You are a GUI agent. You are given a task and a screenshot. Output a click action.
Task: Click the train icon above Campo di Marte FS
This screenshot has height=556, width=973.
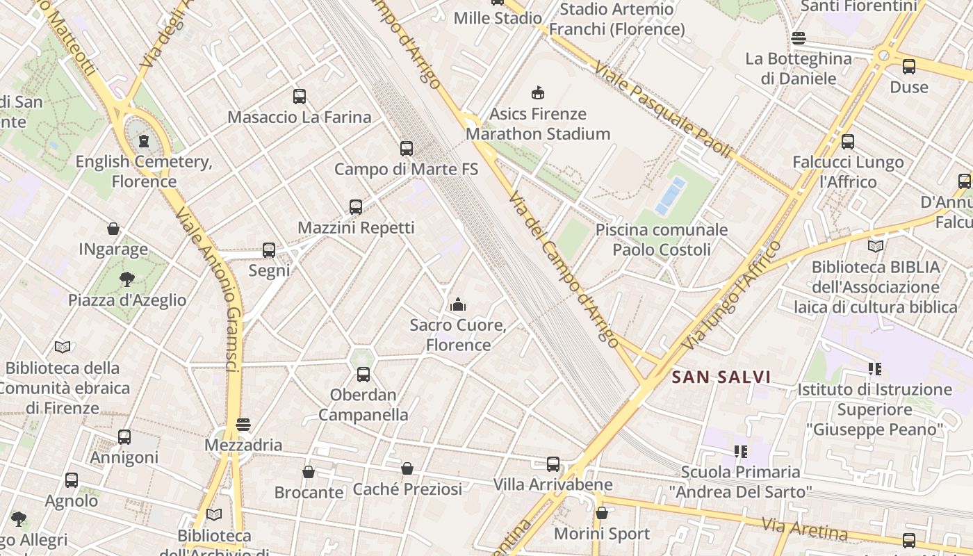coord(407,149)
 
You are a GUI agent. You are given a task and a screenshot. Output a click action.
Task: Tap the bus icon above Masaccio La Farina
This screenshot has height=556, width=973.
coord(300,97)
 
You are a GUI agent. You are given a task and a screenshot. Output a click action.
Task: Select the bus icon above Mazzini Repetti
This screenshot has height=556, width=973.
coord(356,207)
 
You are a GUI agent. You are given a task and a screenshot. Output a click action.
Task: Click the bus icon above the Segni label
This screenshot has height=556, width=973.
coord(269,250)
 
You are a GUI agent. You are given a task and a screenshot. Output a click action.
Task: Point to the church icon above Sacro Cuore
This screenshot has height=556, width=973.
coord(457,304)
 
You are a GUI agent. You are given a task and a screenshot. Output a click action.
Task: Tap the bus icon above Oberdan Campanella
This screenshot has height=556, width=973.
coord(363,375)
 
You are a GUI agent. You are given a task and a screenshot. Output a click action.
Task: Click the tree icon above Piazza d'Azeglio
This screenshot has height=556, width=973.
coord(127,279)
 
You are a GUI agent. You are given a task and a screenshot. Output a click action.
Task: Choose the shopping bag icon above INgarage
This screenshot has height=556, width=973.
coord(113,229)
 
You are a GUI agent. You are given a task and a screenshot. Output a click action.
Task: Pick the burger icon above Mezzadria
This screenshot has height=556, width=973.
coord(243,425)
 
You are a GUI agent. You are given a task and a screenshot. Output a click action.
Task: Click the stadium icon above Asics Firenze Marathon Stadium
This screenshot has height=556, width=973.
coord(538,92)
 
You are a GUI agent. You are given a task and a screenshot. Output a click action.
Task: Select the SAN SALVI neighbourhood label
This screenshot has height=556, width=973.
coord(721,377)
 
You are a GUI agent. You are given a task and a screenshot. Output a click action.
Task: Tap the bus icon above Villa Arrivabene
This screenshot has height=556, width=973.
coord(553,464)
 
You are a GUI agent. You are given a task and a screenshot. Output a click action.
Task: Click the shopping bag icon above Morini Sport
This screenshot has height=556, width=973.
coord(602,513)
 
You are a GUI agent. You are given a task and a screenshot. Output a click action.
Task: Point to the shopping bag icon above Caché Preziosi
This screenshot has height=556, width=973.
coord(407,468)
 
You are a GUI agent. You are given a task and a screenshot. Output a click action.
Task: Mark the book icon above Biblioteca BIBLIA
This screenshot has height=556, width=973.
coord(876,246)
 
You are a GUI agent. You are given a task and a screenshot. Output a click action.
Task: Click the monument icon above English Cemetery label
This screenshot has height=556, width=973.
coord(144,142)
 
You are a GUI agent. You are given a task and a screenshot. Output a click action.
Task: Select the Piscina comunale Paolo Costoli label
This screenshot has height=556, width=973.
coord(662,240)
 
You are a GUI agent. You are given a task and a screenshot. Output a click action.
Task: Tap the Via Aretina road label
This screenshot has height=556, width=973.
coord(804,529)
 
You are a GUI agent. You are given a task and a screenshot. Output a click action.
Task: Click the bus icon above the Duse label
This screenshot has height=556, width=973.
coord(909,67)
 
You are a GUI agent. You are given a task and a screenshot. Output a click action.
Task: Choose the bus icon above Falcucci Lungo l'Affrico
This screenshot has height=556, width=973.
coord(848,142)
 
